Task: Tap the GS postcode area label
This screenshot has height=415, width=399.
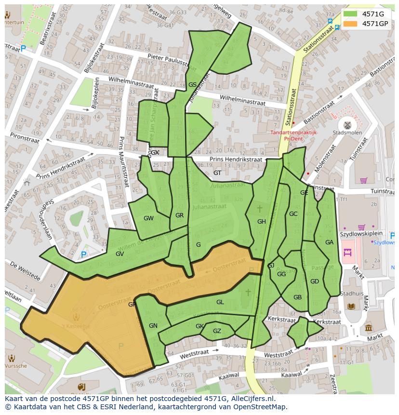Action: click(x=192, y=85)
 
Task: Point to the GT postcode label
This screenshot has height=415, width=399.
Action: click(x=217, y=173)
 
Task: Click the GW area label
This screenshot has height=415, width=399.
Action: click(x=148, y=218)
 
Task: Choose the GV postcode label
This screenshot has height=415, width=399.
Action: click(x=120, y=254)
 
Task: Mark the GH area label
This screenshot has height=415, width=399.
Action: click(x=262, y=222)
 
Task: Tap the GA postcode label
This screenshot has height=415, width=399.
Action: click(x=329, y=242)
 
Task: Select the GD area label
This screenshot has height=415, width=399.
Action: click(x=314, y=281)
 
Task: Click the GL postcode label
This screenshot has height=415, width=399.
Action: click(x=220, y=302)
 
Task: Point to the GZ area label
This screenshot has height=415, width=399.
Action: click(x=217, y=331)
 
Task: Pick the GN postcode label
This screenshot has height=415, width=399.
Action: click(x=153, y=326)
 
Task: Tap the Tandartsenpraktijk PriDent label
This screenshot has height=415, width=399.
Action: click(x=293, y=134)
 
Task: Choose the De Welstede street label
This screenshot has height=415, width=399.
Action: click(x=25, y=272)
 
